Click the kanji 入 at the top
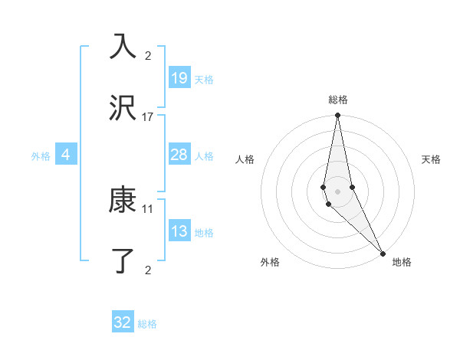(123, 47)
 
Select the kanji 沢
(123, 109)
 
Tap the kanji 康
(123, 201)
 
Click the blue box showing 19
(179, 78)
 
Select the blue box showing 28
(179, 155)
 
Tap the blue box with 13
(179, 231)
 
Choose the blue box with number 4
(66, 155)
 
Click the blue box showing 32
(123, 322)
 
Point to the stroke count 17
(148, 116)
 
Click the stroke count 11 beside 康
(148, 208)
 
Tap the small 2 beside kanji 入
(148, 55)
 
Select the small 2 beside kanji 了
(148, 270)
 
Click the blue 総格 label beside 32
(147, 324)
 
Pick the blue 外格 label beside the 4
(41, 156)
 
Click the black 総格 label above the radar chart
(338, 100)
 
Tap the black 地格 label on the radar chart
(402, 262)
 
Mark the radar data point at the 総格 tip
(337, 116)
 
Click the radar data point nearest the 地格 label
(383, 253)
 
